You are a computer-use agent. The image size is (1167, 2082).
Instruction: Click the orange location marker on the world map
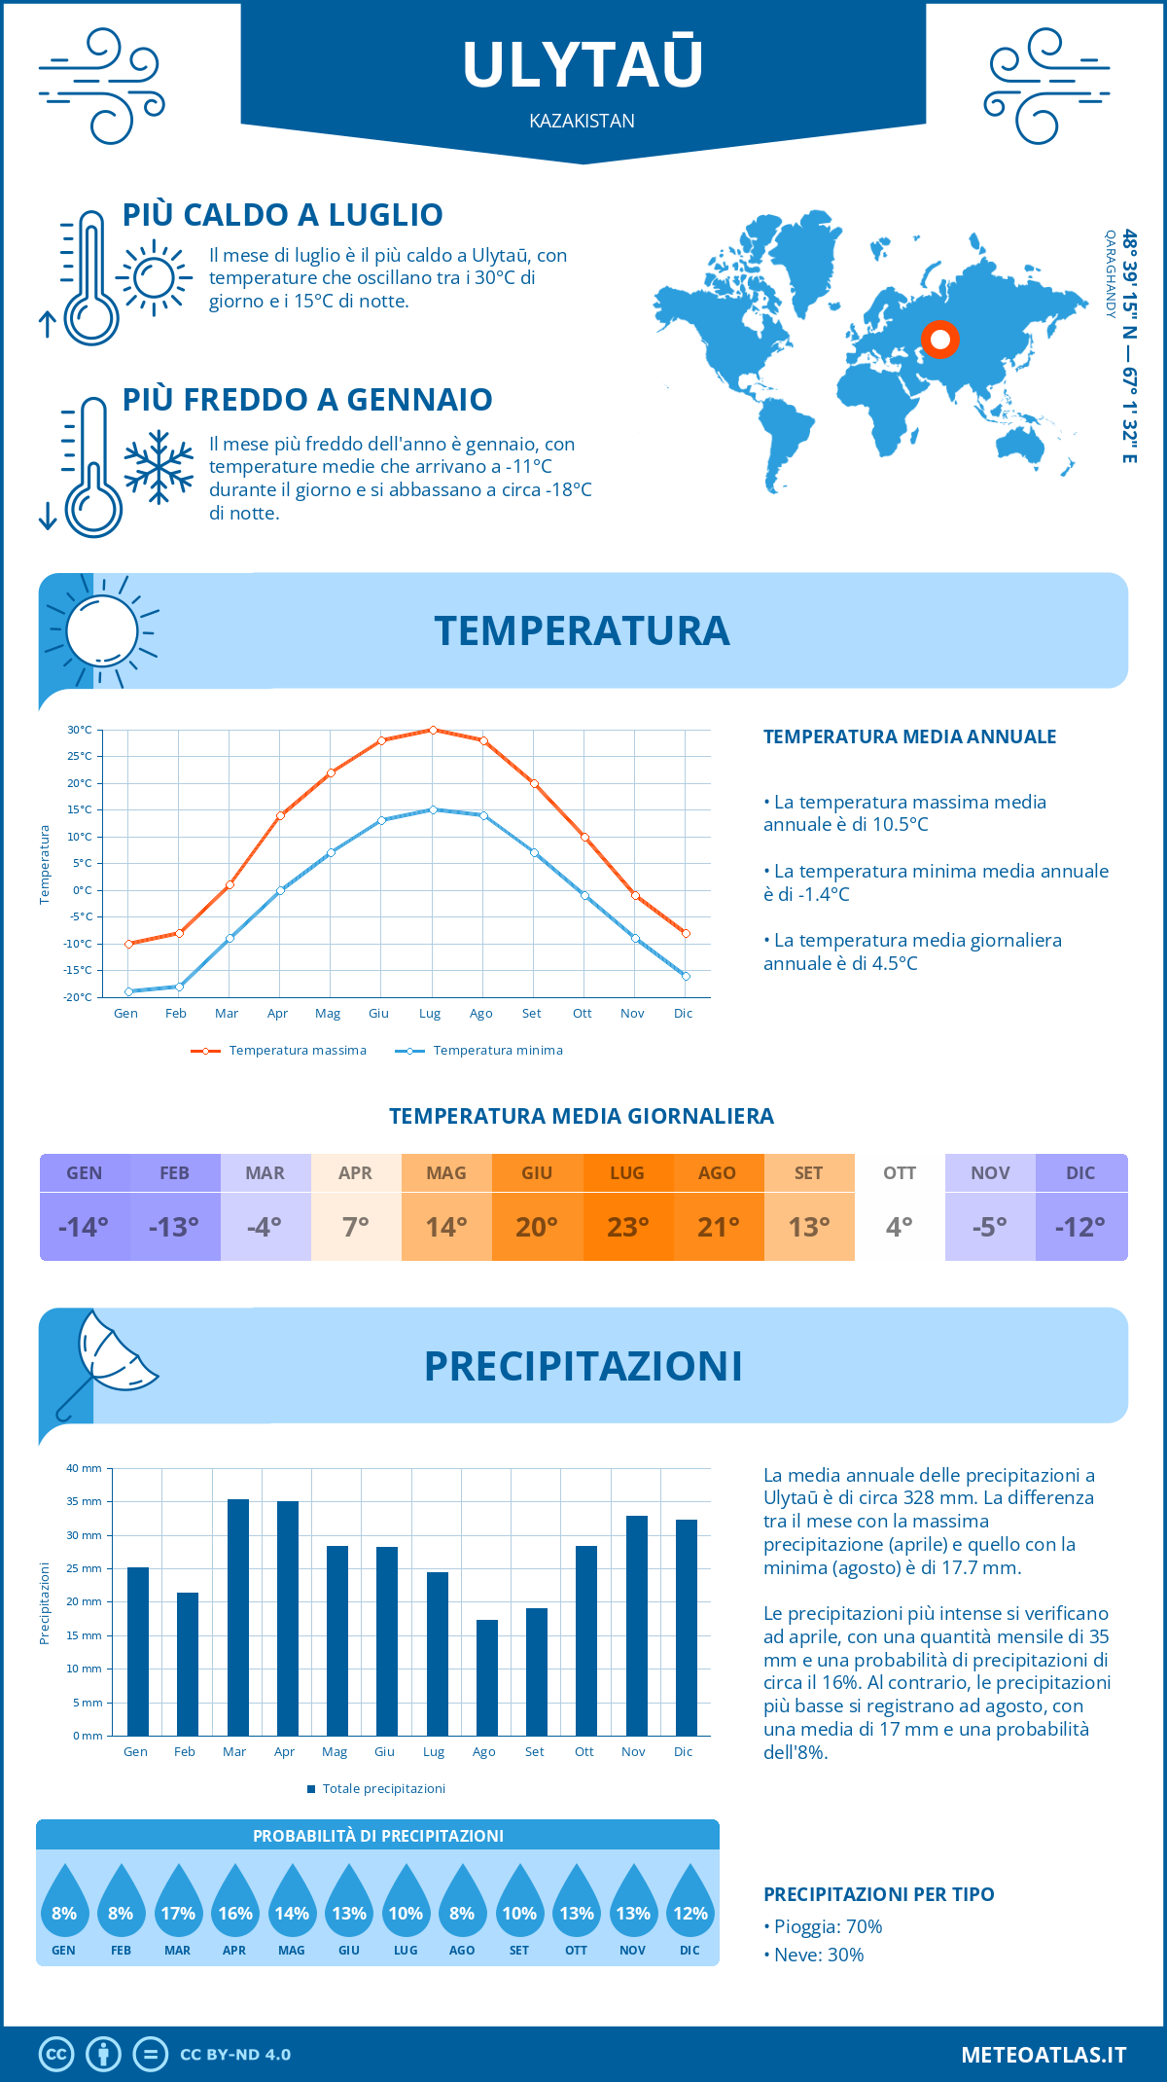tap(940, 340)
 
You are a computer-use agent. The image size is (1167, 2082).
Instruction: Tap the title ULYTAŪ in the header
tap(583, 64)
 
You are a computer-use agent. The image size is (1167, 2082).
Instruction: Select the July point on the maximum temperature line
tap(433, 730)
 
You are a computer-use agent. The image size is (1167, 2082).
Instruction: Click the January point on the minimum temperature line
tap(128, 991)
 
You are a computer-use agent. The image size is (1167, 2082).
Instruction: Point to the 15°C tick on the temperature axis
tap(80, 809)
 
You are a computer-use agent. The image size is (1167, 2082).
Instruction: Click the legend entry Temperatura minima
tap(497, 1051)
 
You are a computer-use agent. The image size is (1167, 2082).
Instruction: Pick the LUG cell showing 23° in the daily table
tap(627, 1227)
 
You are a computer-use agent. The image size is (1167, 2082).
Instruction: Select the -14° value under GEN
tap(84, 1227)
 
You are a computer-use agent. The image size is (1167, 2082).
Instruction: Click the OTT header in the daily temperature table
tap(900, 1173)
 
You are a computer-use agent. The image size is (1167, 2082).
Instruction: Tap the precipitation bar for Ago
tap(486, 1677)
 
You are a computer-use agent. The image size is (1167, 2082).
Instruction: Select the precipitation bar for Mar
tap(237, 1617)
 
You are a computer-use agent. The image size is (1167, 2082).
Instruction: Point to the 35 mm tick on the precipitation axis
tap(85, 1501)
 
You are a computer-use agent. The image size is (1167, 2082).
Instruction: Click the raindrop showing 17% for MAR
tap(178, 1903)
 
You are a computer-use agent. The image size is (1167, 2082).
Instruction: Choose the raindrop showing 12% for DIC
tap(690, 1903)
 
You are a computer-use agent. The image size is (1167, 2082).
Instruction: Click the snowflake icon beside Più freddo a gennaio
tap(159, 467)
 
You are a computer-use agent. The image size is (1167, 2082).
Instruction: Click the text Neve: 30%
tap(818, 1955)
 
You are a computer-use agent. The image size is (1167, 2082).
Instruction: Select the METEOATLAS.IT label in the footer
tap(1043, 2055)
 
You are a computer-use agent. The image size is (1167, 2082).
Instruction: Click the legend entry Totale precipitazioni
tap(383, 1789)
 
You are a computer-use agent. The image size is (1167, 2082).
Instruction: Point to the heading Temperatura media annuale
tap(909, 737)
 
